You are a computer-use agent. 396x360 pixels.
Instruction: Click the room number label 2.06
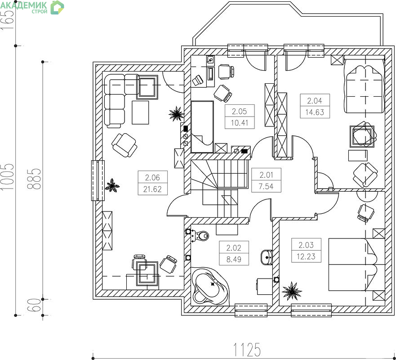[x=152, y=177]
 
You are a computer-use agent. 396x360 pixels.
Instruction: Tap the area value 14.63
[x=315, y=112]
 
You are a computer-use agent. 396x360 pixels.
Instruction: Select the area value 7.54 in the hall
[x=266, y=186]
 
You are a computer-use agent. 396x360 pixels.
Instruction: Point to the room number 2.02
[x=234, y=248]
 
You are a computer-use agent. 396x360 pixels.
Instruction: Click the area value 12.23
[x=306, y=256]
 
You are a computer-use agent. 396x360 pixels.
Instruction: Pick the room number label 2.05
[x=240, y=111]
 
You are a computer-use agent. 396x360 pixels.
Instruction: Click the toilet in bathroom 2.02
[x=200, y=236]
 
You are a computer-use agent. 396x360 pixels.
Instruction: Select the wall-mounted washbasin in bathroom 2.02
[x=267, y=257]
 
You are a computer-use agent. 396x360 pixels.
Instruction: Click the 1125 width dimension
[x=247, y=350]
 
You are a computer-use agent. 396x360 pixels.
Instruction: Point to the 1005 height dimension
[x=7, y=177]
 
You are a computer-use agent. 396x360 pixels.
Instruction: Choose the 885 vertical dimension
[x=34, y=179]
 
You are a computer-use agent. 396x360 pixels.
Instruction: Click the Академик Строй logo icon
[x=57, y=7]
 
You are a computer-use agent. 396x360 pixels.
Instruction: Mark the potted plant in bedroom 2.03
[x=292, y=291]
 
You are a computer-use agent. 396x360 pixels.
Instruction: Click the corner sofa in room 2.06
[x=119, y=99]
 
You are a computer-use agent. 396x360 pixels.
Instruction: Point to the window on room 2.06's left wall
[x=98, y=180]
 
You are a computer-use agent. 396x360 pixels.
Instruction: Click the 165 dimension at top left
[x=7, y=20]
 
